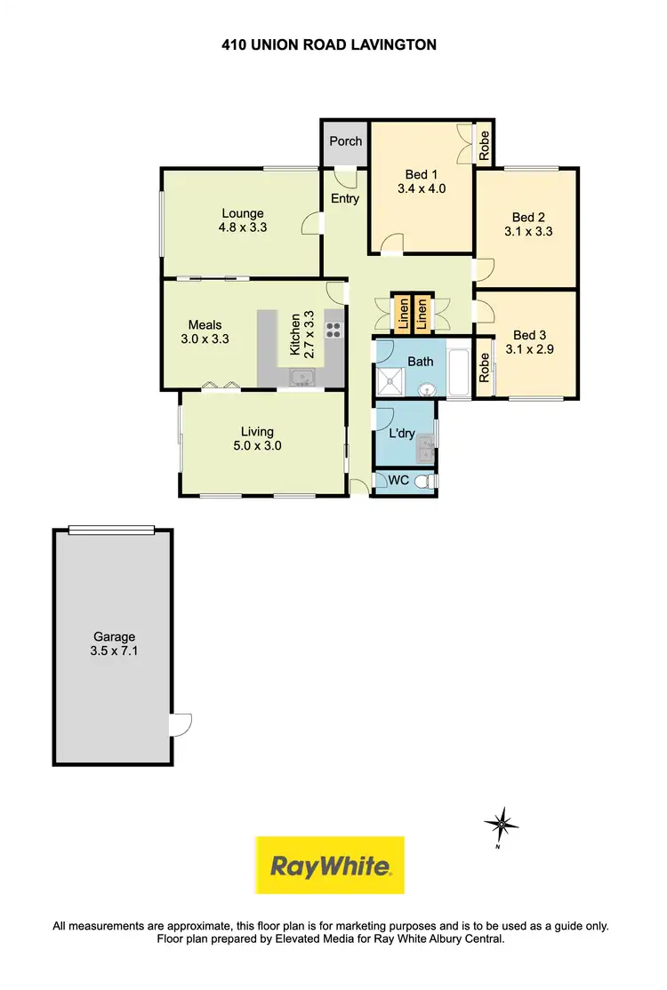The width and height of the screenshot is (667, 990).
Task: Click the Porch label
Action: [x=346, y=141]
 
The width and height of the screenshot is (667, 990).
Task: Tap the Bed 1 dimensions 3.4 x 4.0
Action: [x=422, y=188]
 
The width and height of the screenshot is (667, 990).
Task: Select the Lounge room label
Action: [x=243, y=213]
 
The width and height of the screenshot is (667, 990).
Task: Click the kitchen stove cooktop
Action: [x=334, y=329]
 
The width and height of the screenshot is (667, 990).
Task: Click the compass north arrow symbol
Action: [x=502, y=826]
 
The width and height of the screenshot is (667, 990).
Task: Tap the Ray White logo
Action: [x=330, y=865]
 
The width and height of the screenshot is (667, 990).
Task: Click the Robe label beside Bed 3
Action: [x=485, y=368]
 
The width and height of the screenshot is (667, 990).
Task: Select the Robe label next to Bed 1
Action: [x=485, y=144]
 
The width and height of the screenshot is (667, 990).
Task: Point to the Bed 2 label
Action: [x=528, y=218]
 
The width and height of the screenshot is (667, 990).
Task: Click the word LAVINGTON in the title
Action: [x=390, y=44]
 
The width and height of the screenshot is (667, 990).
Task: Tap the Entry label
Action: [x=345, y=198]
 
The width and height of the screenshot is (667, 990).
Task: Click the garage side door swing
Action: [x=181, y=724]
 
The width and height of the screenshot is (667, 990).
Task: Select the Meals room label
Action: [x=205, y=324]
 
